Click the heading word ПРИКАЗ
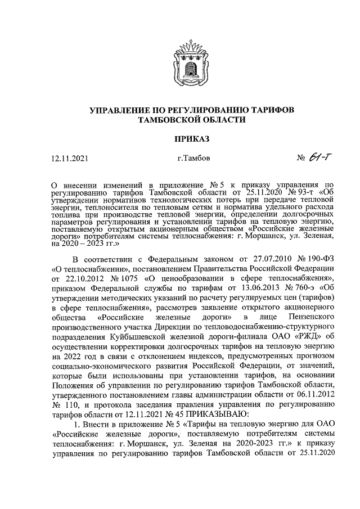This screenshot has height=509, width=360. tap(180, 138)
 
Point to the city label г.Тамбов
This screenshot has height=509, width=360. tap(193, 159)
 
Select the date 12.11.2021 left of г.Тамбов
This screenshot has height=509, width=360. tap(70, 159)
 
